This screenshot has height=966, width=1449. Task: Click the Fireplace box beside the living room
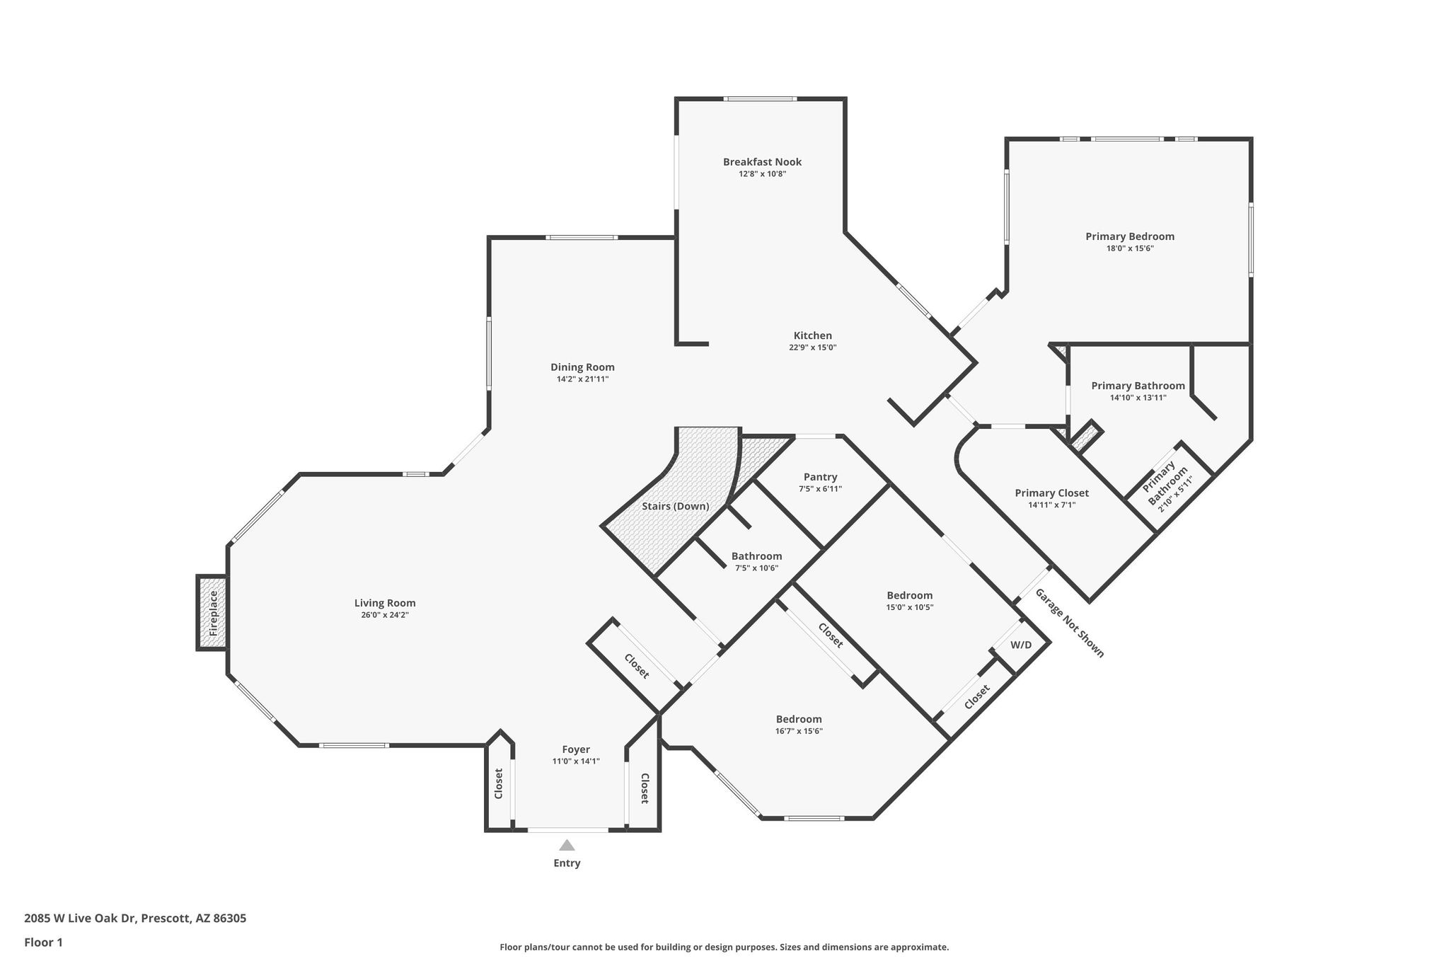[212, 613]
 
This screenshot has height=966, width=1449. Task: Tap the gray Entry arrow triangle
[567, 845]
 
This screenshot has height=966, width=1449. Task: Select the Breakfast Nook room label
[762, 162]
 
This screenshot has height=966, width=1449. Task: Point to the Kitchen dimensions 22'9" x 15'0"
[813, 347]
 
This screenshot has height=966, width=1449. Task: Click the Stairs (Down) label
[676, 507]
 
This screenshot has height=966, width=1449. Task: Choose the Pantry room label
[821, 477]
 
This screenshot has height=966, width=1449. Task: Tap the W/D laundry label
[1021, 645]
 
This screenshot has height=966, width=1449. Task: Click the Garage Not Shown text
[1069, 623]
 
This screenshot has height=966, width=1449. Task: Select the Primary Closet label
[1052, 493]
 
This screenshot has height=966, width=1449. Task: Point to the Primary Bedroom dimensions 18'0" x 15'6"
[1131, 248]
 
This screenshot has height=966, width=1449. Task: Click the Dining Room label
[583, 367]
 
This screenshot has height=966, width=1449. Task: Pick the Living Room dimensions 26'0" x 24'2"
[385, 615]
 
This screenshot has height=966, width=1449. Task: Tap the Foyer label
[576, 749]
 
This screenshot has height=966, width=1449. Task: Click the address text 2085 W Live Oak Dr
[81, 919]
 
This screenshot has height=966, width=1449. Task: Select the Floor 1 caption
[44, 943]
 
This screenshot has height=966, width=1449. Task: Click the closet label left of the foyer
[498, 783]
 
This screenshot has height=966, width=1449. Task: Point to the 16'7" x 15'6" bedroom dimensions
[799, 732]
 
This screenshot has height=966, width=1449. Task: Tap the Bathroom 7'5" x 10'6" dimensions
[757, 568]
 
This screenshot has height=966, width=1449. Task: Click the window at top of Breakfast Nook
[761, 98]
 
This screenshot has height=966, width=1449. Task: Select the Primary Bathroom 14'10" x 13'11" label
[1138, 391]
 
